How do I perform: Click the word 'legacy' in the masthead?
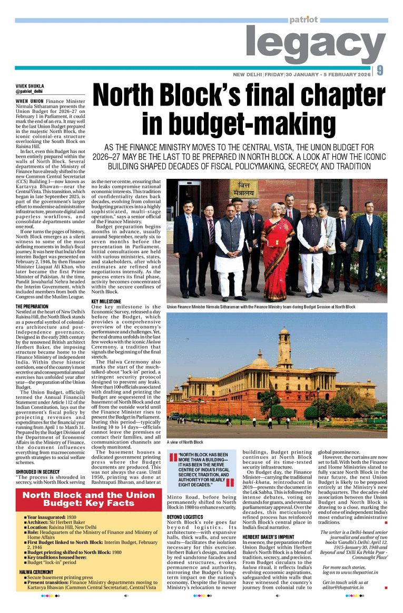tap(315, 46)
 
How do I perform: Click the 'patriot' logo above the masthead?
tap(303, 20)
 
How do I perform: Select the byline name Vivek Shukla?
tap(30, 85)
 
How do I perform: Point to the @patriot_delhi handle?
tap(29, 91)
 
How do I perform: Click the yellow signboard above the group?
tap(243, 188)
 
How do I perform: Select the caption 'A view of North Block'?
tap(185, 442)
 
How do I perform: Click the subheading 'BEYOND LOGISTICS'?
tap(185, 517)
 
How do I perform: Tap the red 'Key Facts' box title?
tap(89, 500)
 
